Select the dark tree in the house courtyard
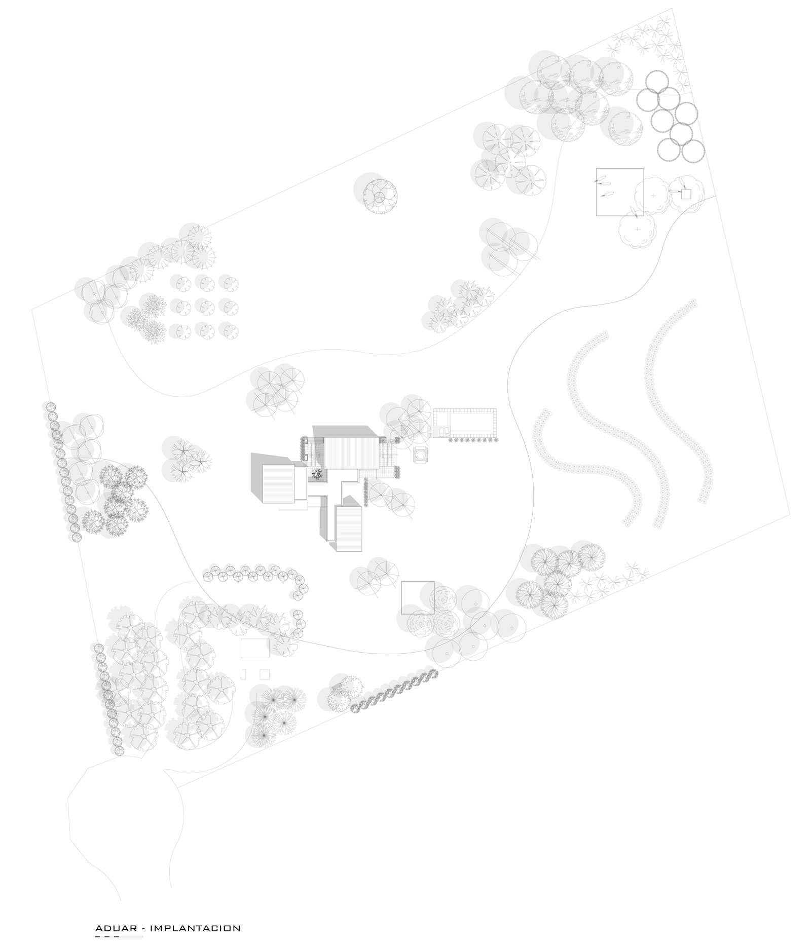[317, 473]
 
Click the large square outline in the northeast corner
[619, 192]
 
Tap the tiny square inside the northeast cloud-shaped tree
[686, 194]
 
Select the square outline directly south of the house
[418, 597]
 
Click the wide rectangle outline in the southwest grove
[255, 649]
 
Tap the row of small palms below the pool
[472, 441]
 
